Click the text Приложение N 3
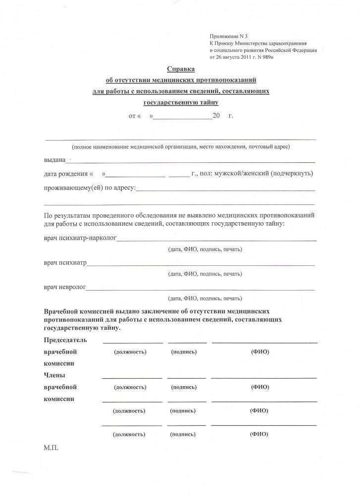(x=225, y=37)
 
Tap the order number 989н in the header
(x=265, y=57)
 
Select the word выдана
(x=54, y=160)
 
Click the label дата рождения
(x=65, y=174)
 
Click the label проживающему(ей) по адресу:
(x=89, y=188)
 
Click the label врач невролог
(x=65, y=287)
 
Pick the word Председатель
(x=65, y=340)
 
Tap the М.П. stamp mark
(x=51, y=448)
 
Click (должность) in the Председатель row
(x=130, y=352)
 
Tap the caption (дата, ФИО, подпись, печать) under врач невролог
(x=205, y=298)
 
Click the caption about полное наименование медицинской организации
(x=181, y=147)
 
